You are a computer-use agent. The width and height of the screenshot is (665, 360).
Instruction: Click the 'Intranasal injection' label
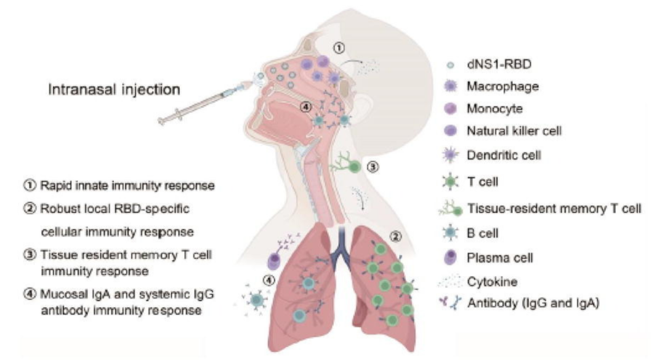(115, 90)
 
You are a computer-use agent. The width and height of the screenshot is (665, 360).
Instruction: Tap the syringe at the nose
(203, 102)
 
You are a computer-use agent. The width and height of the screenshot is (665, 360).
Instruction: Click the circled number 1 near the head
(338, 46)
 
